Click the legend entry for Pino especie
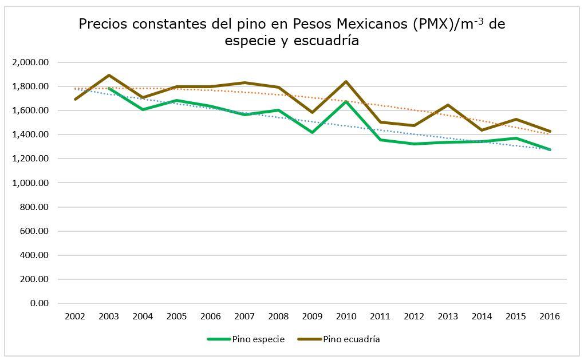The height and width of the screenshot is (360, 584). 258,339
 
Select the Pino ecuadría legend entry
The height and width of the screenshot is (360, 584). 351,339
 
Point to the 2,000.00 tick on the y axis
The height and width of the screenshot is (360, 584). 30,62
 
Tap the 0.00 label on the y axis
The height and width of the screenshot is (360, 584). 39,303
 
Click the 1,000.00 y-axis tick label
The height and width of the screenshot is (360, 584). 30,183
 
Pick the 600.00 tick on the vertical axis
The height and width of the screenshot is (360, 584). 34,231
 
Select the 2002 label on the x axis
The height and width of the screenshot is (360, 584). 75,316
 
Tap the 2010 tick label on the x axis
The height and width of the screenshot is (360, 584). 346,316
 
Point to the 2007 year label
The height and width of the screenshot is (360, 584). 244,316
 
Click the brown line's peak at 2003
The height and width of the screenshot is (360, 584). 109,76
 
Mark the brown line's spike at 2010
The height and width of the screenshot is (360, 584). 346,82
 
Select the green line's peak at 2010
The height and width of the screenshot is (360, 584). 346,101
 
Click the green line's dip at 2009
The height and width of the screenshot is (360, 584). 313,132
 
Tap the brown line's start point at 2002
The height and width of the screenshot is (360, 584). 75,99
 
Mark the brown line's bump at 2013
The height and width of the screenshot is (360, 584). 448,105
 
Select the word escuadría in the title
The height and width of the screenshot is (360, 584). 327,41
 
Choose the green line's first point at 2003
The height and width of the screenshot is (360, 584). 109,89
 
